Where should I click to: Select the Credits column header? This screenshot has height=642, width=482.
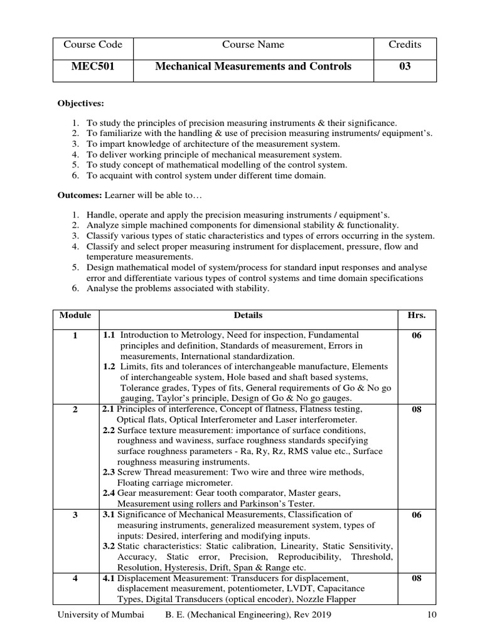click(x=405, y=45)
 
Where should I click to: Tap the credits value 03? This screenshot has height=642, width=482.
click(x=405, y=66)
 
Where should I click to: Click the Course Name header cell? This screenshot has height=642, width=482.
click(x=253, y=45)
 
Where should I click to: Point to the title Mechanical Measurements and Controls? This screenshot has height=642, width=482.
click(x=253, y=66)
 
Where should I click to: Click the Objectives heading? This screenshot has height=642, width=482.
click(x=81, y=103)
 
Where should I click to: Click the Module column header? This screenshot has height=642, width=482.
click(x=75, y=315)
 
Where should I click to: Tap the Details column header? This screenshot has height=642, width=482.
click(x=248, y=315)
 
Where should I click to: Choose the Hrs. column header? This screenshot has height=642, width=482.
click(x=417, y=315)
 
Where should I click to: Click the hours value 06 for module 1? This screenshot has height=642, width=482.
click(x=417, y=335)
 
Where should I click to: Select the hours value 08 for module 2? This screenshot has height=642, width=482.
click(x=417, y=409)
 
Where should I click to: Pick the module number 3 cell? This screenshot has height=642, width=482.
click(x=75, y=515)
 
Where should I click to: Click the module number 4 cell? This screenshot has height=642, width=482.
click(x=75, y=579)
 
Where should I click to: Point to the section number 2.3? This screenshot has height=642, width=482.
click(x=109, y=472)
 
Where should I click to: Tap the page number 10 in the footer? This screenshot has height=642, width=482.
click(x=431, y=615)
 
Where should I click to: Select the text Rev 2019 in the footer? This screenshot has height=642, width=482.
click(x=312, y=615)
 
